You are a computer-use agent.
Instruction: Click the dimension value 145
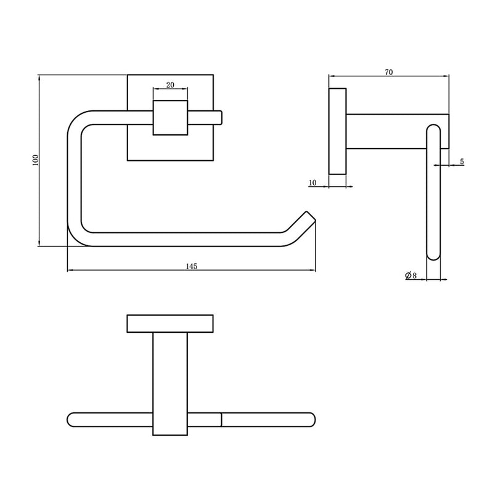click(192, 266)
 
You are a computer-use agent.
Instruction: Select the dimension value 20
click(170, 85)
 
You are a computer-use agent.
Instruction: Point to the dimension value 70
click(389, 72)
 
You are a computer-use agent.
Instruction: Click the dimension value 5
click(462, 161)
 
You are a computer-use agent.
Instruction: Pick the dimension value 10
click(312, 182)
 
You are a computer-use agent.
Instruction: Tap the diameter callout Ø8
click(411, 275)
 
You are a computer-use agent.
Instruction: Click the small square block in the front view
click(170, 118)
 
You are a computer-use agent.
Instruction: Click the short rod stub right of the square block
click(205, 118)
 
